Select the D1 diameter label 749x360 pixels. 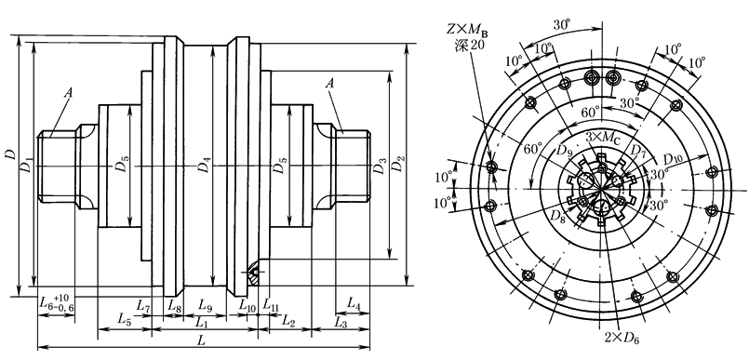(x=27, y=165)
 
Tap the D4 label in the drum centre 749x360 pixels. (x=205, y=166)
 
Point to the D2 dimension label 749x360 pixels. (x=397, y=165)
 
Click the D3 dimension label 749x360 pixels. (x=380, y=166)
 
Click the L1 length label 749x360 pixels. (x=202, y=323)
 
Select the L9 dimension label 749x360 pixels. (x=206, y=304)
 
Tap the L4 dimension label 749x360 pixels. (x=354, y=302)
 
